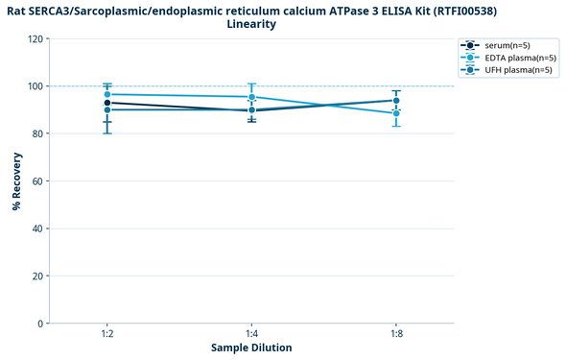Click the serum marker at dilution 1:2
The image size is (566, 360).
point(107,103)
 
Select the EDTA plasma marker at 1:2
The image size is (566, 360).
point(107,94)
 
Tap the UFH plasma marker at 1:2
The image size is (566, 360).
point(107,109)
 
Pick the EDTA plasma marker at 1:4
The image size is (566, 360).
point(252,97)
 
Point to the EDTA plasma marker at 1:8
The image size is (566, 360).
point(396,113)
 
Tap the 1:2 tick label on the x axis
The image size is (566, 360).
point(107,333)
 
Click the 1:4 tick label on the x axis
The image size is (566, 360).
point(252,333)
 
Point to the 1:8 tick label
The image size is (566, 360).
point(396,333)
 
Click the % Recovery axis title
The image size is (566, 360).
point(16,180)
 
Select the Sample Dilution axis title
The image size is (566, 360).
point(251,348)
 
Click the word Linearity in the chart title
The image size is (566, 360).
point(251,24)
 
